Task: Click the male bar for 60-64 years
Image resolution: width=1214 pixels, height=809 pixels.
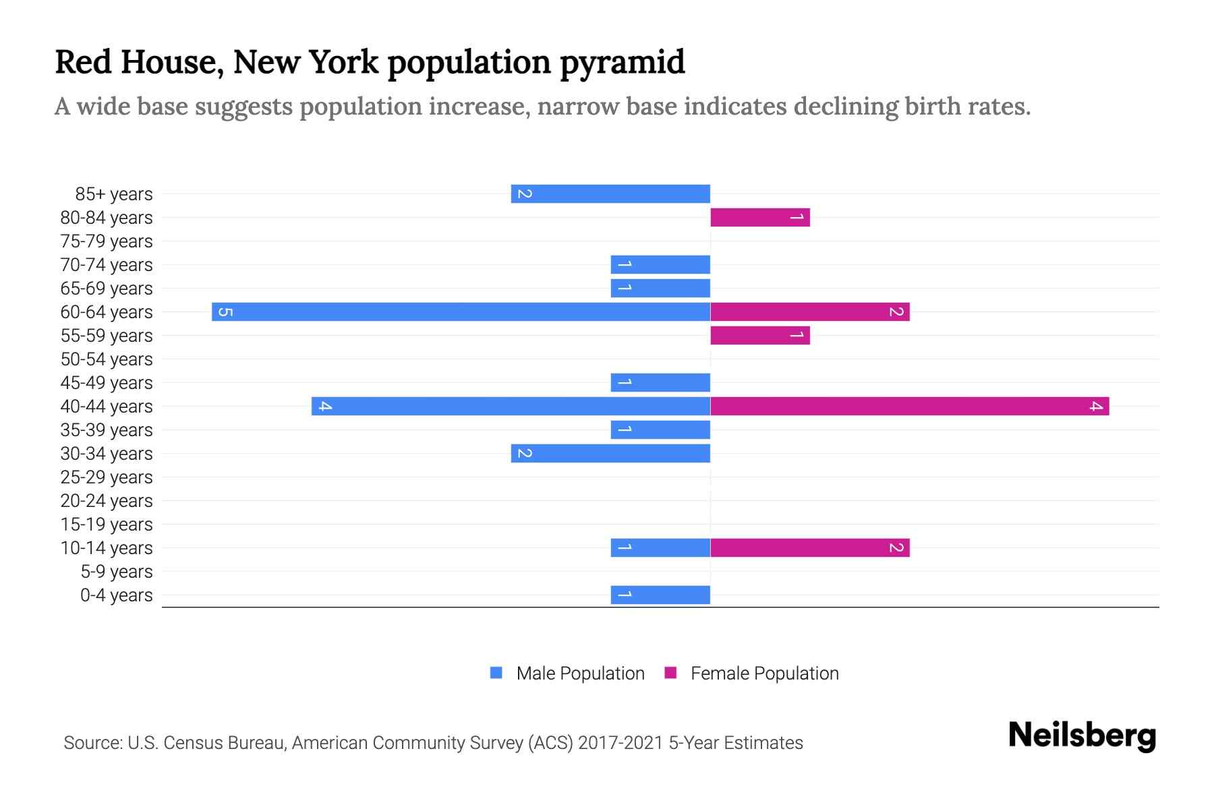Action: point(461,312)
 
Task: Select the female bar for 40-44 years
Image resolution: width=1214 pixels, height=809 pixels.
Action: point(909,407)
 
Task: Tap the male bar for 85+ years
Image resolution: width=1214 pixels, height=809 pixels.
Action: point(610,194)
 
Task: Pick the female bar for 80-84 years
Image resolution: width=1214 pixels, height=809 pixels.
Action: point(759,218)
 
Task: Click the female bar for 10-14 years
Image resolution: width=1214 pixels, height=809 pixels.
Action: point(809,548)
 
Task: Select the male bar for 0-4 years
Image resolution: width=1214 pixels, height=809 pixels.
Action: point(660,595)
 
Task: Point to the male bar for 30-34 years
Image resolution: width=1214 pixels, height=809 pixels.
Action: point(610,454)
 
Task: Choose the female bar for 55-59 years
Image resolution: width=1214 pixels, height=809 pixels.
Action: point(759,336)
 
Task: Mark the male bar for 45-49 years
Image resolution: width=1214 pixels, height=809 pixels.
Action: point(660,383)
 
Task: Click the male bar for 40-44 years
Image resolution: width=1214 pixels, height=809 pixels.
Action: point(511,407)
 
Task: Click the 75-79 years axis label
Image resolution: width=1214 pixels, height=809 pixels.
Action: point(107,241)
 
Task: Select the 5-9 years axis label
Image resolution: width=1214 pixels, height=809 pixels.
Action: point(116,572)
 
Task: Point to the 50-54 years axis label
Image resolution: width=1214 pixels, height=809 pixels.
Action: point(107,359)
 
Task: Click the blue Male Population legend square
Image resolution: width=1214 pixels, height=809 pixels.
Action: point(496,673)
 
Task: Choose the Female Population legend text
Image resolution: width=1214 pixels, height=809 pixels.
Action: point(764,673)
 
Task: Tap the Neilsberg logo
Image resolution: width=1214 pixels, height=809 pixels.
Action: point(1082,736)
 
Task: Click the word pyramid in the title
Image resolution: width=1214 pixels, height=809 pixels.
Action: point(622,63)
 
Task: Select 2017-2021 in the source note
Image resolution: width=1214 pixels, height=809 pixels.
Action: point(620,743)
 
